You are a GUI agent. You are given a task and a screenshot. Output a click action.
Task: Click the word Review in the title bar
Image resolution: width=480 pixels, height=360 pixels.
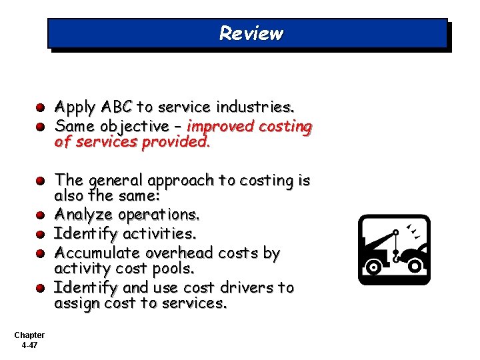point(251,33)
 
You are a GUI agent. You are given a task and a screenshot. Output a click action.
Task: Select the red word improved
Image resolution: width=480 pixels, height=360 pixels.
point(219,126)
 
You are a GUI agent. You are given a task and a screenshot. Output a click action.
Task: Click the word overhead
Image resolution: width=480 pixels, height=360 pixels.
point(188,253)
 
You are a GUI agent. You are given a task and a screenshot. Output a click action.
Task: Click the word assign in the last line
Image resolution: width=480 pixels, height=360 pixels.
point(76,304)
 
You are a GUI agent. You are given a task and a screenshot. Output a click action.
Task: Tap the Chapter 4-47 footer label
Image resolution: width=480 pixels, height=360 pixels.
point(29,340)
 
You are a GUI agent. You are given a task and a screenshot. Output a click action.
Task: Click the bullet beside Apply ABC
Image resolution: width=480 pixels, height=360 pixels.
point(41,107)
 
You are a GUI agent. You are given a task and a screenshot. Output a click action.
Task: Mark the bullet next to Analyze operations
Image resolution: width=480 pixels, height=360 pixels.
point(41,215)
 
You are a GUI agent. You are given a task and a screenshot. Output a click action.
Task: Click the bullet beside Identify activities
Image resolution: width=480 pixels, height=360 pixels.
point(41,235)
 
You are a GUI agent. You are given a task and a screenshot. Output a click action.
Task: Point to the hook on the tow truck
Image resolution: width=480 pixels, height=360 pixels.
point(397,253)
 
